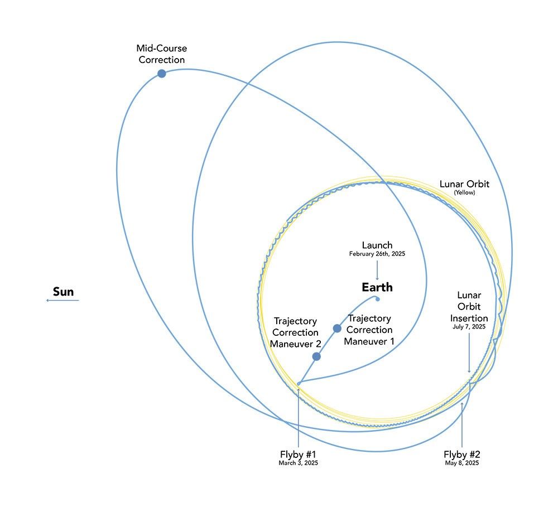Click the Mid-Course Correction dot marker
(161, 74)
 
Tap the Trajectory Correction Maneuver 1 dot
(337, 329)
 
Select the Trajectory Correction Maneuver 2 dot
(316, 356)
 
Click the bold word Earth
(377, 288)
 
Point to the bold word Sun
(63, 291)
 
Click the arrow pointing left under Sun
(62, 301)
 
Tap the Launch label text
(377, 245)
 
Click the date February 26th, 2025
(377, 254)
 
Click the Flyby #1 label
(299, 453)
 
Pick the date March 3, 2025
(299, 463)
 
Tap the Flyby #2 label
(461, 453)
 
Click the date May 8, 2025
(461, 463)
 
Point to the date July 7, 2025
(469, 327)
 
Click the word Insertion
(469, 317)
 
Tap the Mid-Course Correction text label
(161, 54)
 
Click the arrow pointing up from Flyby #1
(299, 416)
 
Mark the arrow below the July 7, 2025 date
(469, 351)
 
